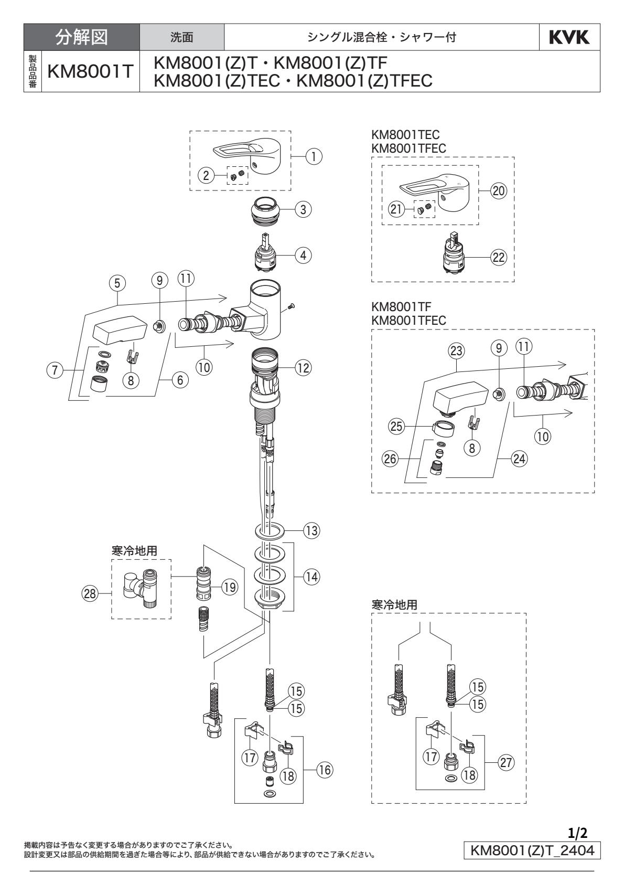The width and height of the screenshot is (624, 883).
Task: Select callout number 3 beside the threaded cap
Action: click(x=303, y=209)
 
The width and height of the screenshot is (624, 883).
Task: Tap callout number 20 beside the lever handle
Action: click(x=499, y=191)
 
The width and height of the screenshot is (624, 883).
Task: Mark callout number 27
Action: click(x=505, y=764)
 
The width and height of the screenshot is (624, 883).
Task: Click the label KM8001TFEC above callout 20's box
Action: click(x=408, y=148)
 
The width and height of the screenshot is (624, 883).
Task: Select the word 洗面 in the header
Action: click(x=182, y=37)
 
